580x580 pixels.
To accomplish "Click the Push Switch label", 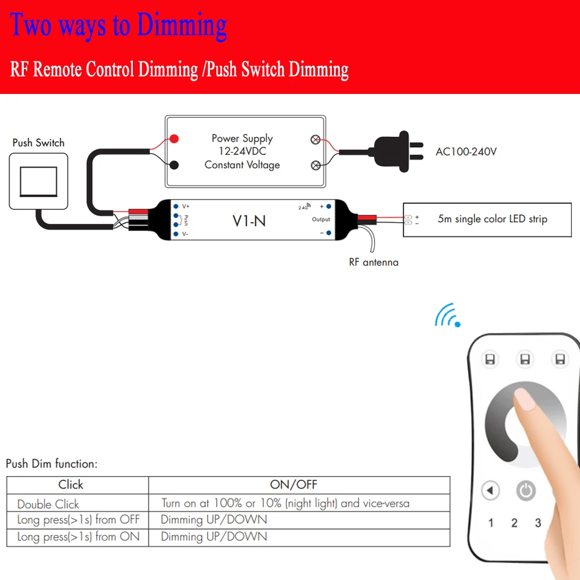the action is click(x=38, y=143).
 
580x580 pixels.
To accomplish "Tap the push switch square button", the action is click(x=38, y=181).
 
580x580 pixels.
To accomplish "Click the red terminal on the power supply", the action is click(x=174, y=139).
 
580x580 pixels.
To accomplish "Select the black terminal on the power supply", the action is click(x=174, y=165).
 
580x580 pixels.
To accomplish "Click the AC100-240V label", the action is click(x=466, y=152).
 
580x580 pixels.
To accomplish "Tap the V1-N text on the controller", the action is click(x=249, y=220).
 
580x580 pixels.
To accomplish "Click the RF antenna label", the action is click(x=374, y=262).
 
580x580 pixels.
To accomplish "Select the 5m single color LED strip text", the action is click(x=492, y=219).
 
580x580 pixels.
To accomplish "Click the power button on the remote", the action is click(x=526, y=491).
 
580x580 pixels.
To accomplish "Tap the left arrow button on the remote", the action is click(x=491, y=491).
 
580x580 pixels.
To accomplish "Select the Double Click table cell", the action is click(x=48, y=504).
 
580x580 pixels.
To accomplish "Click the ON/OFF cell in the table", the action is click(x=293, y=485).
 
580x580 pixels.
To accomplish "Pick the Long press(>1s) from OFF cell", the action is click(x=78, y=520).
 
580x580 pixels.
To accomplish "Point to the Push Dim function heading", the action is click(x=52, y=464).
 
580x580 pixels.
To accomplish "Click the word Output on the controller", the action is click(x=321, y=219).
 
